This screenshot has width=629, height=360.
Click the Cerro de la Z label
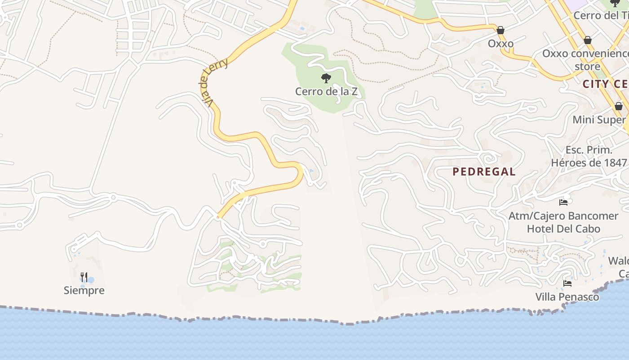(326, 91)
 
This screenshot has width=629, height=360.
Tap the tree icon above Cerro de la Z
(326, 78)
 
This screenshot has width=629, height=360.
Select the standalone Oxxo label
(501, 44)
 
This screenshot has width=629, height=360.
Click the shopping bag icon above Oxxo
(501, 30)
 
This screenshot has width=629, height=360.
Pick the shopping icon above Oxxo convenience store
(587, 40)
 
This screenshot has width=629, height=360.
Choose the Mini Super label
(599, 120)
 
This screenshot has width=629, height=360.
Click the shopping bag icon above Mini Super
(619, 106)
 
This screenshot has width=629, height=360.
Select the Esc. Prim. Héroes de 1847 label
(589, 156)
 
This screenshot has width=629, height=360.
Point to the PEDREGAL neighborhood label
(484, 171)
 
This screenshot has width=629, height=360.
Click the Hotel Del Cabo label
(563, 229)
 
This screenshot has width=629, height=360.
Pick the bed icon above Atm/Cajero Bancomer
(563, 202)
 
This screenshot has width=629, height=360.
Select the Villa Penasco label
(567, 297)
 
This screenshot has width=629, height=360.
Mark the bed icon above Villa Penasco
(567, 283)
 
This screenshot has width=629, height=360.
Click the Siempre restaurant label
(84, 290)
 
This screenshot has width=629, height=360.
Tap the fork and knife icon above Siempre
(84, 276)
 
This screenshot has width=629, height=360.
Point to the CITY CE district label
(605, 84)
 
